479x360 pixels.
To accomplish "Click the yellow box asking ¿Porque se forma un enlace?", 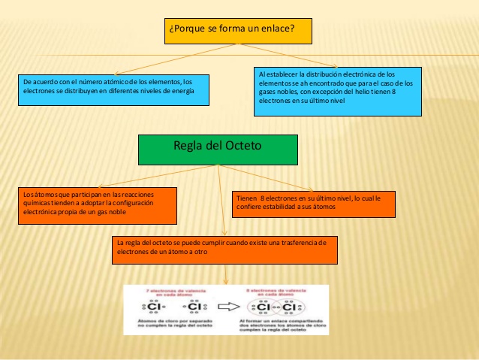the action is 237,30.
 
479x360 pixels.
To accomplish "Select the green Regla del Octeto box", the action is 218,150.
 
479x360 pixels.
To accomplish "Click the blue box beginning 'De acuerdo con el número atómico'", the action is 113,89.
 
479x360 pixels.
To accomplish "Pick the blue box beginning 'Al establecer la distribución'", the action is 337,91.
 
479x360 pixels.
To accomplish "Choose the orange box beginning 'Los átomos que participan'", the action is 98,205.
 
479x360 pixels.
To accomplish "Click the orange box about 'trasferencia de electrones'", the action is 224,251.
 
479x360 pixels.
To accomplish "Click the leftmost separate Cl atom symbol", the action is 154,307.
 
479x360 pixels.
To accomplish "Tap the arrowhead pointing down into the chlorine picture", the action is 225,281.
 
